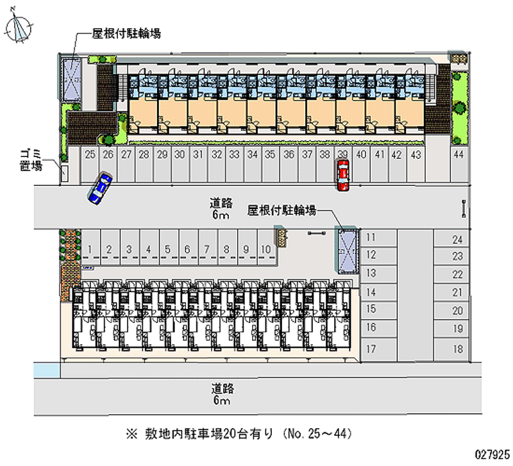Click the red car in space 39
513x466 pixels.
point(343,175)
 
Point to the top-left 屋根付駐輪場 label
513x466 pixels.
point(126,33)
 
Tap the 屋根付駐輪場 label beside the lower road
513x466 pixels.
point(282,210)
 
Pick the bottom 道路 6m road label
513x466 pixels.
point(222,394)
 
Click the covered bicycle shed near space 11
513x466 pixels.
point(348,250)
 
